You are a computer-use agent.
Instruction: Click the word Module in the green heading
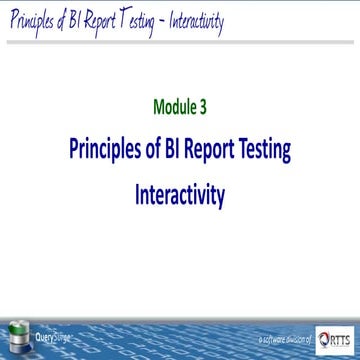point(174,105)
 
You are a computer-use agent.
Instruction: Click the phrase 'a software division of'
point(285,341)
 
